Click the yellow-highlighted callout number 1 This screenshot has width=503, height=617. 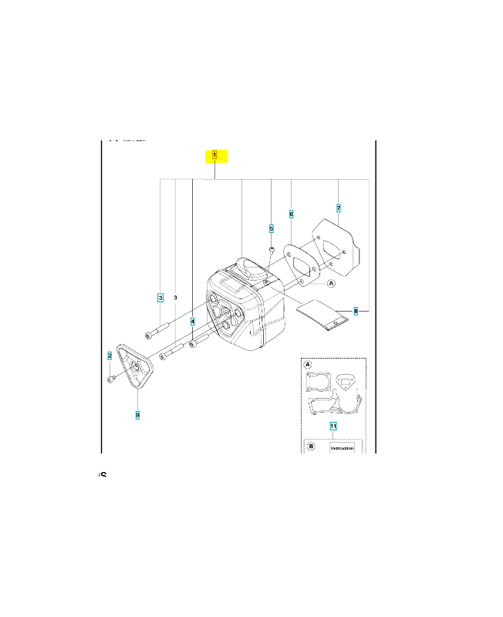click(214, 156)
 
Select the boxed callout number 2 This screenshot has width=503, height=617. click(110, 356)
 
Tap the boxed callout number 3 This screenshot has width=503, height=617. click(160, 297)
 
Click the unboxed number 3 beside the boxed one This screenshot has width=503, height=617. click(176, 297)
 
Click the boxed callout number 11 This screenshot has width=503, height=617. click(333, 426)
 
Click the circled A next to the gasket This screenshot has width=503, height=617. click(332, 284)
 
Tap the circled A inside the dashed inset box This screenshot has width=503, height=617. click(308, 365)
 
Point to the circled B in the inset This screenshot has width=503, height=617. click(311, 446)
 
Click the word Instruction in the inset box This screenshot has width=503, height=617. click(342, 447)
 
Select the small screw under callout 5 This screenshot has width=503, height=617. click(272, 249)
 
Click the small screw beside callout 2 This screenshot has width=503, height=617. click(113, 378)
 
